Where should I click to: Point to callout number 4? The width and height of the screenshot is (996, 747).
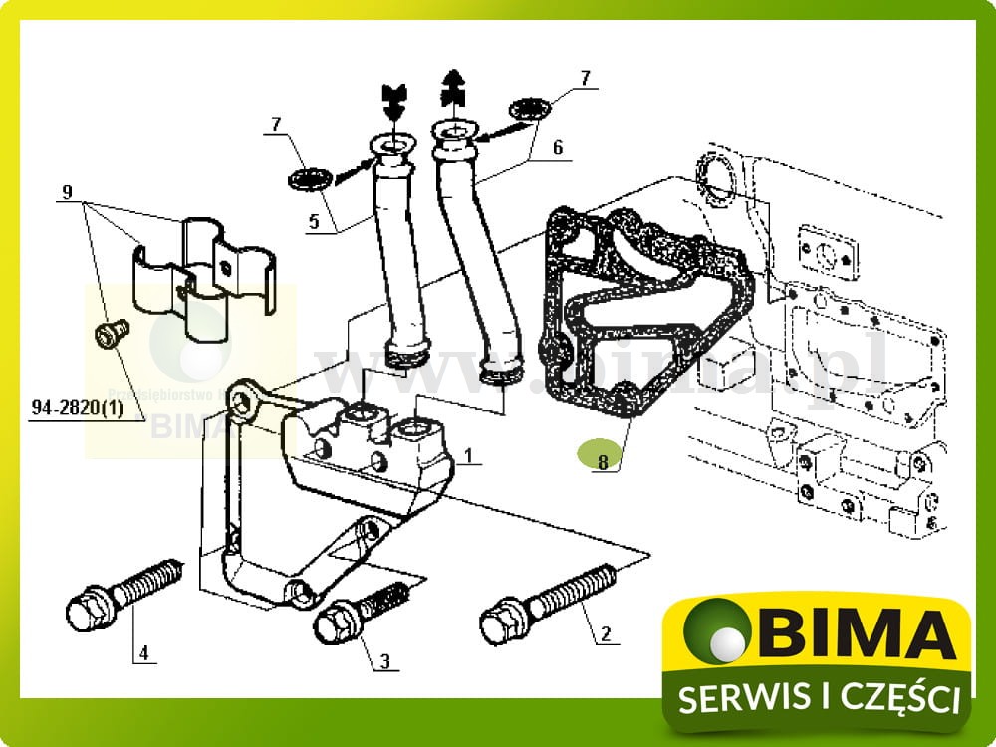(x=143, y=653)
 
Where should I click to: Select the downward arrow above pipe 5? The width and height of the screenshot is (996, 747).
(x=394, y=98)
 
